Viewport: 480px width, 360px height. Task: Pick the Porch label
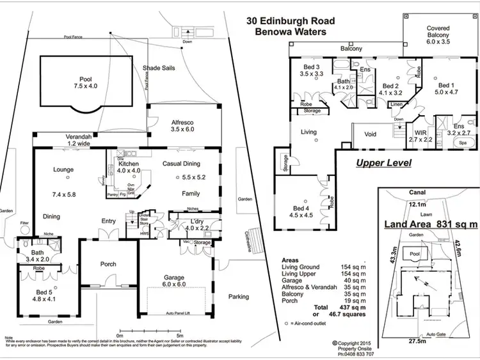[x=108, y=263]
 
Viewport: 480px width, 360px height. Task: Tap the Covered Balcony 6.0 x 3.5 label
[x=438, y=33]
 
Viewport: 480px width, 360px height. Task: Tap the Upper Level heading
[x=383, y=163]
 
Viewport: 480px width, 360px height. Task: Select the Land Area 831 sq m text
[x=430, y=224]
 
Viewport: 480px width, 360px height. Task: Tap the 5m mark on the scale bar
[x=181, y=334]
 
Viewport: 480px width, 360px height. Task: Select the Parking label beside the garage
[x=239, y=297]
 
